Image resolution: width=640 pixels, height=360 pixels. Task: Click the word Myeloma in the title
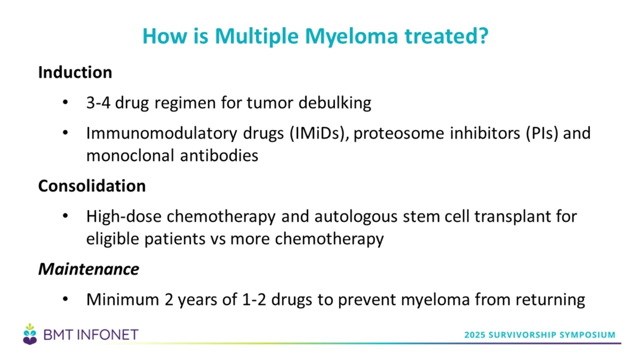pyautogui.click(x=351, y=37)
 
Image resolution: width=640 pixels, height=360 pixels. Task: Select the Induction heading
pyautogui.click(x=75, y=72)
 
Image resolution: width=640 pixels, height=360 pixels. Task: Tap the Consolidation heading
pyautogui.click(x=92, y=185)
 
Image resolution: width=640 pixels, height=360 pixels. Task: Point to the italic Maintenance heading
pyautogui.click(x=88, y=269)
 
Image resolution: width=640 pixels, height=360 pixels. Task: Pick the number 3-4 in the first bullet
pyautogui.click(x=98, y=102)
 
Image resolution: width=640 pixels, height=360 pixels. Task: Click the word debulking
pyautogui.click(x=335, y=102)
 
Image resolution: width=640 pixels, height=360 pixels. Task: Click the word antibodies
pyautogui.click(x=219, y=155)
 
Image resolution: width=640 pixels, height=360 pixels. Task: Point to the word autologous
pyautogui.click(x=356, y=216)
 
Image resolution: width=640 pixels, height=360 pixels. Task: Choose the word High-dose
pyautogui.click(x=124, y=216)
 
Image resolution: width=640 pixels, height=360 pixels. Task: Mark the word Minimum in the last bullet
pyautogui.click(x=122, y=299)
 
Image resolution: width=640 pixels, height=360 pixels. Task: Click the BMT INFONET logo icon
pyautogui.click(x=30, y=334)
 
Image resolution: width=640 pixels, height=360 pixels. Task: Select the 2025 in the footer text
pyautogui.click(x=474, y=334)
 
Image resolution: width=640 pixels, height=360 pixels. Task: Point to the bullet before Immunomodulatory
pyautogui.click(x=65, y=133)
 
